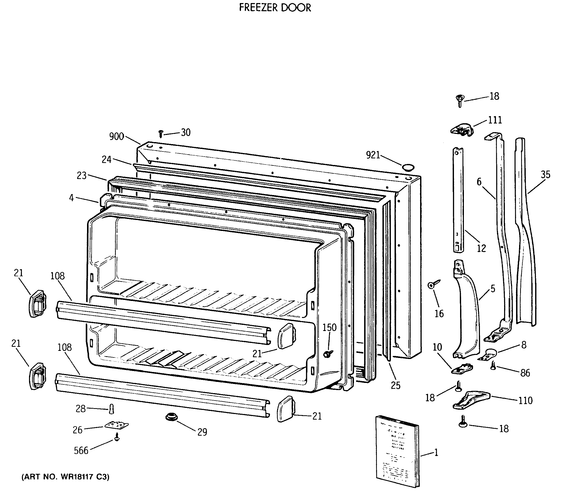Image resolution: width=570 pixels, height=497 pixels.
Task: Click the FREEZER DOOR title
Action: pos(275,8)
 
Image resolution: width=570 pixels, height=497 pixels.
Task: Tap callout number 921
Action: pos(373,155)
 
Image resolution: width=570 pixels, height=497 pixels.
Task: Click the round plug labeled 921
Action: pos(408,167)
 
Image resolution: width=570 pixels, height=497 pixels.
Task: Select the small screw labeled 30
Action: pos(161,134)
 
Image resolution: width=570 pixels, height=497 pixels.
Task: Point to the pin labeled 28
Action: pos(112,409)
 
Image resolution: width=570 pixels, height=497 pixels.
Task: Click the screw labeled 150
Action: pos(329,354)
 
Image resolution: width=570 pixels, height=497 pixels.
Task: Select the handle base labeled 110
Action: pos(471,400)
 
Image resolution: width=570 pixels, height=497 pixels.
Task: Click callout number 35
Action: pos(545,175)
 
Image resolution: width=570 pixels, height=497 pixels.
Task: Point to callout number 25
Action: pos(396,385)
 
